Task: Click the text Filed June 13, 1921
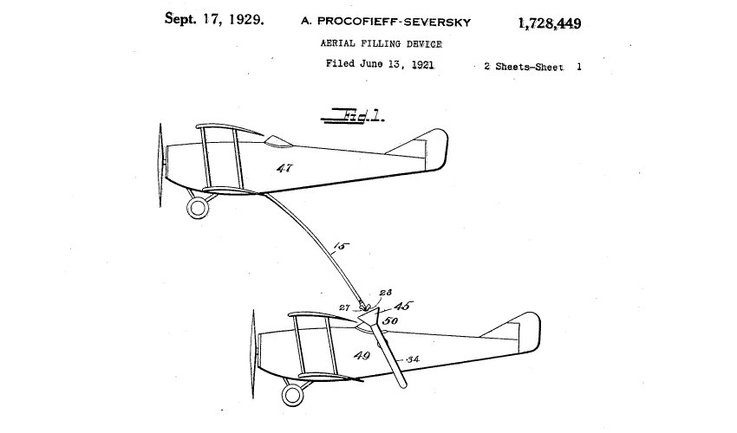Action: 380,63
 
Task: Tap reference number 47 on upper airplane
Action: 284,167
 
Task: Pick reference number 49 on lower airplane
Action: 359,356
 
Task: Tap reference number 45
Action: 403,306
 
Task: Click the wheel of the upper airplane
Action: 199,207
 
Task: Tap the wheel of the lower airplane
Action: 292,396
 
